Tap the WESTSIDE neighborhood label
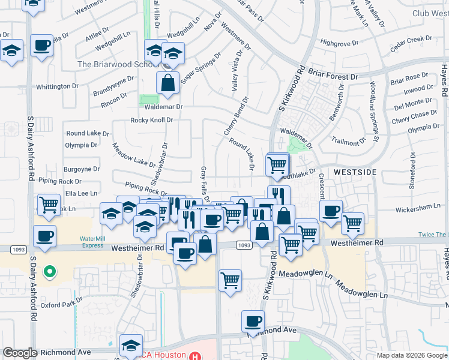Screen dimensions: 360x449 click(x=355, y=172)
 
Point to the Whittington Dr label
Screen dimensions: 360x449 click(x=57, y=86)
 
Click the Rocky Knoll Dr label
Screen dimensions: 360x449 click(x=152, y=120)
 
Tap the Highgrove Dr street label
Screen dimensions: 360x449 click(x=339, y=43)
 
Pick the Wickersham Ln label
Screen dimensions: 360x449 click(x=419, y=210)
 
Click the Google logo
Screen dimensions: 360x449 click(x=20, y=353)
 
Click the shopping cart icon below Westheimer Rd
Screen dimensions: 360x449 click(x=231, y=281)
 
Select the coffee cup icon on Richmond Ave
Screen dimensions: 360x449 click(x=253, y=322)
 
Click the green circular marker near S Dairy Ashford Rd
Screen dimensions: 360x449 click(x=50, y=273)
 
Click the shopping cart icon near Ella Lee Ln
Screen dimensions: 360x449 click(x=49, y=205)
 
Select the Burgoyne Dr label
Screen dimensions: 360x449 click(x=82, y=169)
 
